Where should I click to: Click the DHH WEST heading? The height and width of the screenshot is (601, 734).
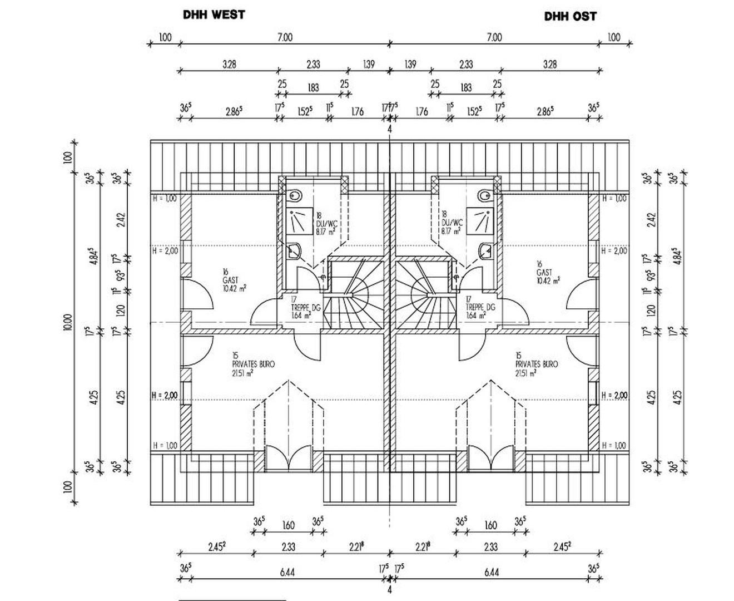(214, 14)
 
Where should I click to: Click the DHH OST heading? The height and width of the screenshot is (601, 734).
(570, 16)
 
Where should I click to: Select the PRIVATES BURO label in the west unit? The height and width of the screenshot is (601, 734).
(253, 364)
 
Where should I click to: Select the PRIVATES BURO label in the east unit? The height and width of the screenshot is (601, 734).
(537, 364)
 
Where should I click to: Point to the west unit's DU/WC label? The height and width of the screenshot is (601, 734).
(326, 223)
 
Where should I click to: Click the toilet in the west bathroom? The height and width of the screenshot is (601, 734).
(295, 196)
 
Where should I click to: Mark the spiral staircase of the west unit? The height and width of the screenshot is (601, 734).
(354, 295)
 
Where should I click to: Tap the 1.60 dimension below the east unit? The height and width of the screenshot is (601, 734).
(490, 525)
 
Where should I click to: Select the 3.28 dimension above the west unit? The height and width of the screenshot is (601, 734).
(229, 64)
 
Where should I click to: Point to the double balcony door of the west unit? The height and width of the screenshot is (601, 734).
(288, 458)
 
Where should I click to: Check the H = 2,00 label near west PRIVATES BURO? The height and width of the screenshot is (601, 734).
(165, 395)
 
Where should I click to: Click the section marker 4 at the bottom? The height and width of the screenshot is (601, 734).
(389, 590)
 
